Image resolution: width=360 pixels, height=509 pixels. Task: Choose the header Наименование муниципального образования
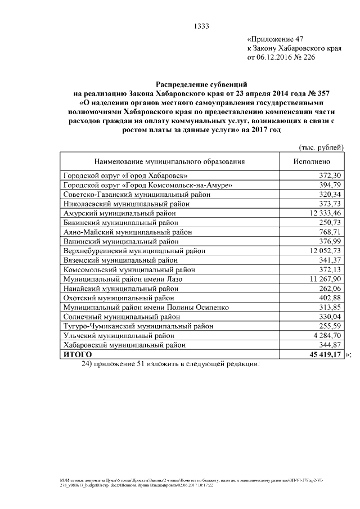coord(169,161)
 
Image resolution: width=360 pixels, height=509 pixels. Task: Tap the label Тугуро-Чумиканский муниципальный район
coord(138,326)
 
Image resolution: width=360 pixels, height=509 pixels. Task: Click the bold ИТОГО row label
coord(78,355)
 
